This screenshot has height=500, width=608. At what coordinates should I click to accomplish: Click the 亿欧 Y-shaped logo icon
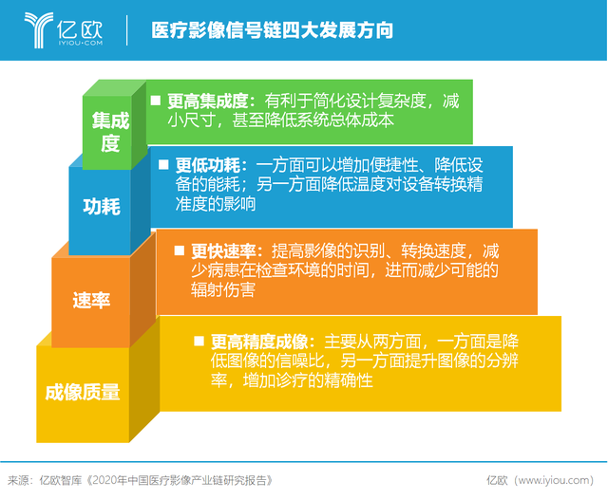click(x=38, y=29)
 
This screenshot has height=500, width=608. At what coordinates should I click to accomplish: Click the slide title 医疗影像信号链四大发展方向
click(x=273, y=30)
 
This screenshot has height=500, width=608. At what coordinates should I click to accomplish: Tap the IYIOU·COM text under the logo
click(x=81, y=43)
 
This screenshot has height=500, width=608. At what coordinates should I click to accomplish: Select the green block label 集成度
click(x=110, y=132)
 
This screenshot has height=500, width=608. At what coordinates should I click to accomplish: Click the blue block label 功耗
click(x=102, y=206)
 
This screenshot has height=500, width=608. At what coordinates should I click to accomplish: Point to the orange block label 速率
click(x=91, y=300)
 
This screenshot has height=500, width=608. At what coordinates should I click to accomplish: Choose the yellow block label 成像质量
click(x=83, y=393)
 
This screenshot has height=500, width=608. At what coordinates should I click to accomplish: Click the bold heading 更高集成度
click(x=207, y=102)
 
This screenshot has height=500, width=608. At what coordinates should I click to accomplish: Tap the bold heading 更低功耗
click(x=207, y=165)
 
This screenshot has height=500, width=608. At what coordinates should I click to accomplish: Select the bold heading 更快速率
click(x=223, y=251)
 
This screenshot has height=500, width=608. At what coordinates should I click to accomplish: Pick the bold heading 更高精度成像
click(x=259, y=342)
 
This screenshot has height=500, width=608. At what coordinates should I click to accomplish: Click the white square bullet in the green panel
click(x=156, y=101)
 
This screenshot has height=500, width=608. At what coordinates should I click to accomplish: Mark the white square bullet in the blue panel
click(x=163, y=164)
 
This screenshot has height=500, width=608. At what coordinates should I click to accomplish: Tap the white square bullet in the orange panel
click(x=180, y=250)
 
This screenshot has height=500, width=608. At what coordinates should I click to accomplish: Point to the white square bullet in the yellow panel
click(x=199, y=341)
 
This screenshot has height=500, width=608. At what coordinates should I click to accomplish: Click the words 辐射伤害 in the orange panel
click(x=223, y=289)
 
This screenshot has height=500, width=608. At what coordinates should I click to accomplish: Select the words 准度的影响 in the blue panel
click(x=216, y=204)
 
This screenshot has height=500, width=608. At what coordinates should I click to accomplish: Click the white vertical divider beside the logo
click(x=126, y=30)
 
